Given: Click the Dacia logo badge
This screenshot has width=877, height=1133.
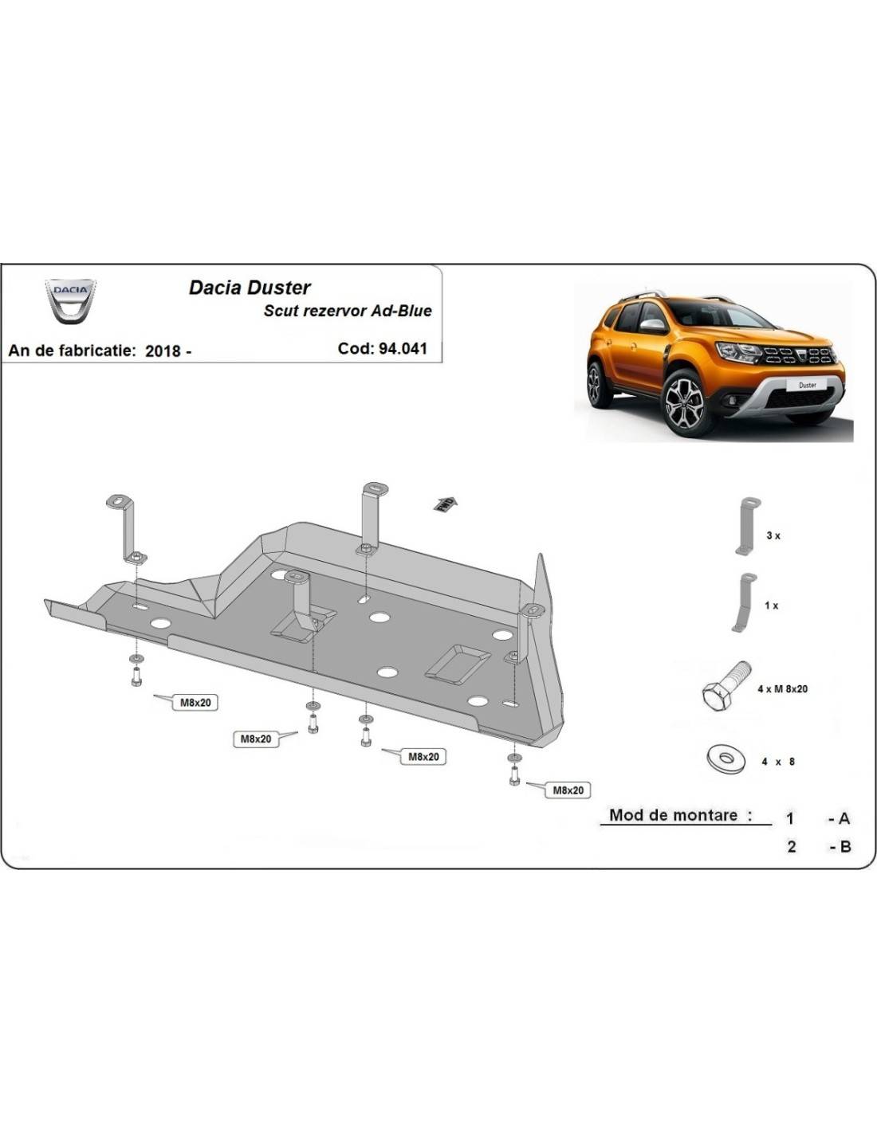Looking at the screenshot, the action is pos(70,301).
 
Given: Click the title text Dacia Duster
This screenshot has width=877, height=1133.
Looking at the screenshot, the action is pos(250,288).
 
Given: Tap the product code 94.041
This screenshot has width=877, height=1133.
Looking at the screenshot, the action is pos(403,348).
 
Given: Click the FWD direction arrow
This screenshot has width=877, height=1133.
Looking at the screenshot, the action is pos(445,504).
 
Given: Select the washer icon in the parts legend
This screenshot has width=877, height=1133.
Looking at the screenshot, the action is pos(725,759).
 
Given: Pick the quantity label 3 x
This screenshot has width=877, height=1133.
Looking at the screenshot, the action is pos(773,535).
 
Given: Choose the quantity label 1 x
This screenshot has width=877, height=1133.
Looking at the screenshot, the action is pos(771,606).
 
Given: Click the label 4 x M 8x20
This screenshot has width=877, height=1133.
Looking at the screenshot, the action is pos(782,688).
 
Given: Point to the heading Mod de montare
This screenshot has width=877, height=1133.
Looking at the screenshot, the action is pos(680,815).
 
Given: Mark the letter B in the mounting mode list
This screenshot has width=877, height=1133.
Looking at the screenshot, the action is pos(845,846).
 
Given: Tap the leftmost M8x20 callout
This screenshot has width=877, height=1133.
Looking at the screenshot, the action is pos(195,702).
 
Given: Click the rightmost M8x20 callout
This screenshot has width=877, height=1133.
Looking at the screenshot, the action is pos(568,790).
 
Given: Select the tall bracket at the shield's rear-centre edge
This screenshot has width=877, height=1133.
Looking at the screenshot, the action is pos(373,516).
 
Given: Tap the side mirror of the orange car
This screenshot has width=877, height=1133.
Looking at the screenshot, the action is pos(653,325).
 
